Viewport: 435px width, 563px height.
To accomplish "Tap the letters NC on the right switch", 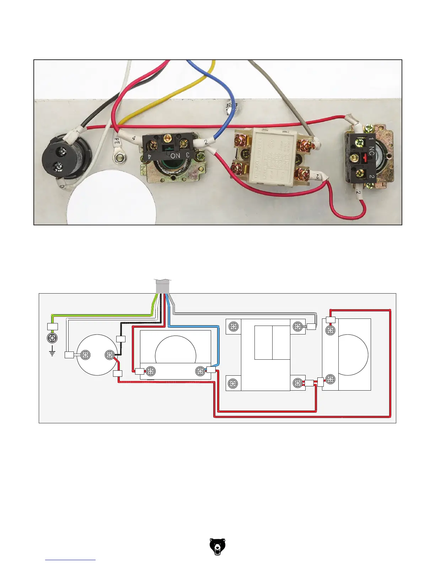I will (x=371, y=151).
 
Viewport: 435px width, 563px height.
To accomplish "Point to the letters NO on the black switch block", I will (x=175, y=156).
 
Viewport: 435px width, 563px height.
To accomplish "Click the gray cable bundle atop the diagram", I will (x=163, y=286).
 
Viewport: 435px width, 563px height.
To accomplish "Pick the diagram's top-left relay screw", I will (x=233, y=327).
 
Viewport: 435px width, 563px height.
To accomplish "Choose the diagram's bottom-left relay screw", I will (x=233, y=384).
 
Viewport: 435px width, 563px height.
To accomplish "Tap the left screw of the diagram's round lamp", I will (x=85, y=355).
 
